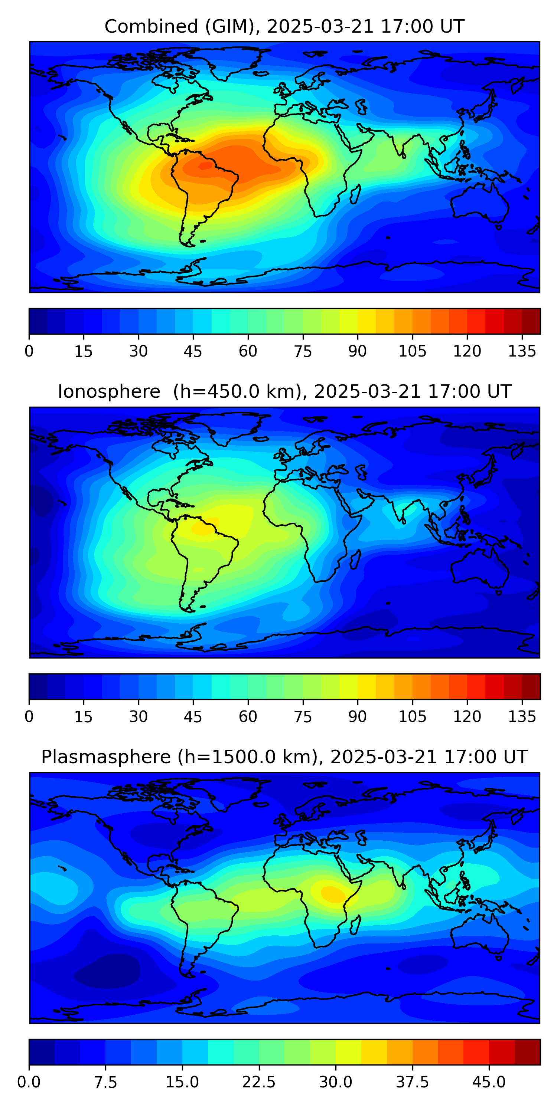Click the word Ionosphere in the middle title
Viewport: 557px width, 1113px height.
pos(109,392)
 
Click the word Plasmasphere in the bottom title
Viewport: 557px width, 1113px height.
pos(105,757)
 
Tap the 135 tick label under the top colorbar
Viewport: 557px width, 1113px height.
pos(522,351)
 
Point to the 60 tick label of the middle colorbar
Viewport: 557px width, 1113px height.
pos(248,716)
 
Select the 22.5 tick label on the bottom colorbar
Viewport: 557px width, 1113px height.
pos(258,1082)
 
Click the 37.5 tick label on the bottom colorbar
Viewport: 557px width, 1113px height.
pos(412,1082)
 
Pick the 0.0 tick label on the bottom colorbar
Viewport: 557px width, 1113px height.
pos(29,1082)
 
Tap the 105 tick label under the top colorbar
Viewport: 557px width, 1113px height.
pos(412,351)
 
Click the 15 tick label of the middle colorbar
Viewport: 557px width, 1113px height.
pos(84,716)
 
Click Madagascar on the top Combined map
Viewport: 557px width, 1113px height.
pos(355,194)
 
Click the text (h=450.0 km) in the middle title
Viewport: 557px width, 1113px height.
pos(237,392)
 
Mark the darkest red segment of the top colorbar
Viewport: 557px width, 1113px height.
pos(531,321)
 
